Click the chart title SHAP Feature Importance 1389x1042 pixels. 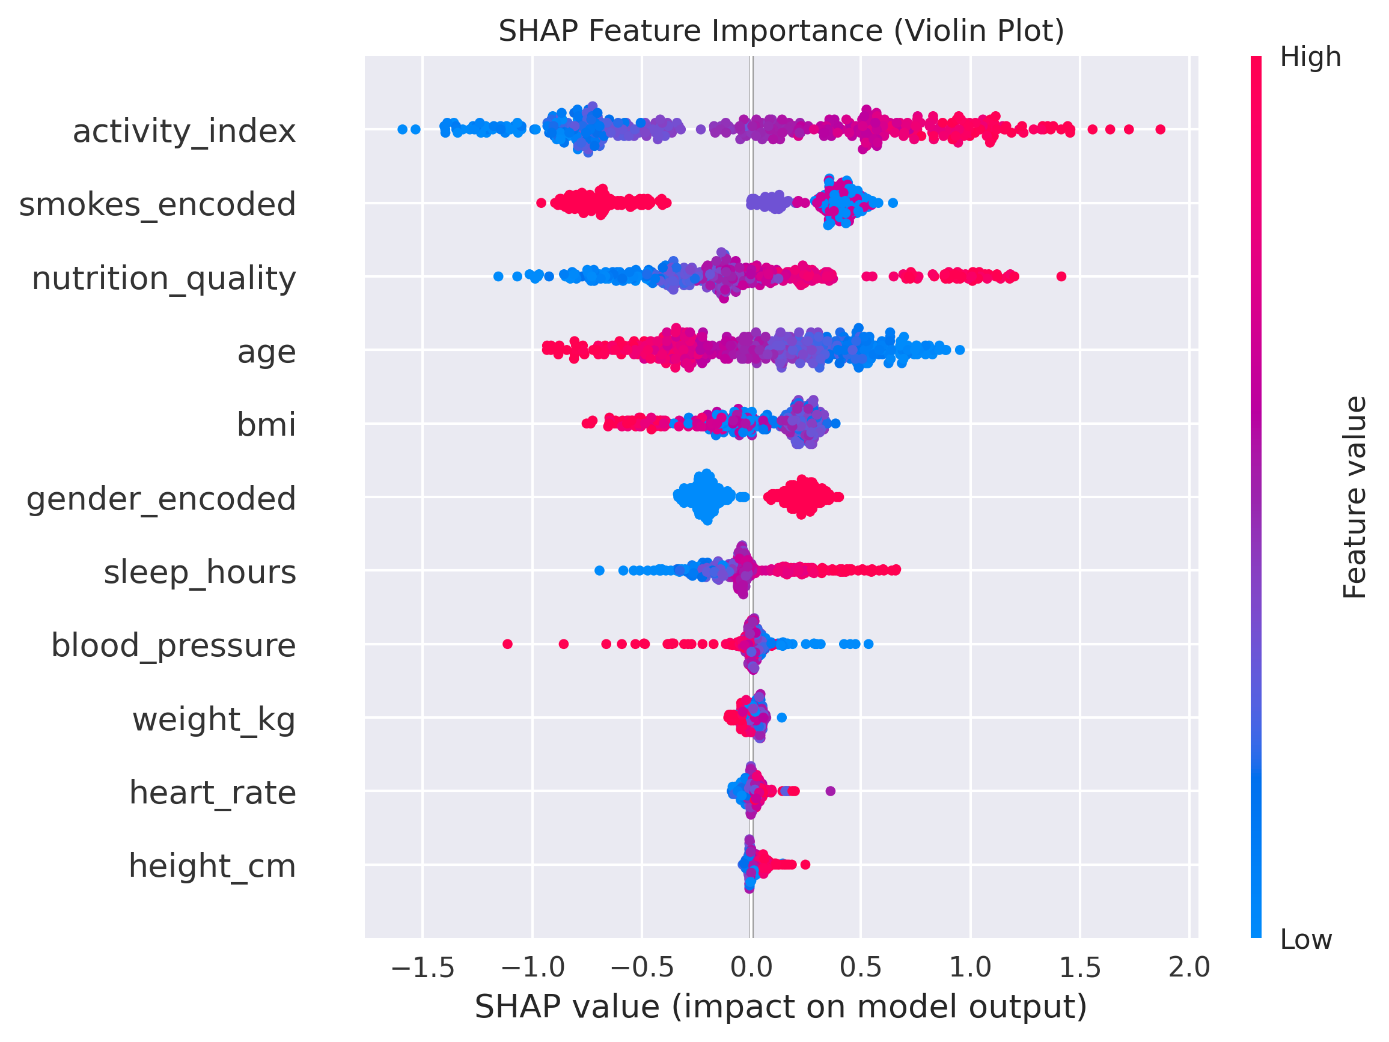coord(781,31)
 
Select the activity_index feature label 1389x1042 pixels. coord(184,132)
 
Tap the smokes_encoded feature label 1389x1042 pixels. coord(157,205)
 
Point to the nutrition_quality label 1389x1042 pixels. coord(164,278)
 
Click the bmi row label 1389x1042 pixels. coord(266,425)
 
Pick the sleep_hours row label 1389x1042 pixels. coord(200,573)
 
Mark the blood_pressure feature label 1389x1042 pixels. coord(173,645)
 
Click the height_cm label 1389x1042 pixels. coord(212,867)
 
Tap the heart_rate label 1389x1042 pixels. coord(213,793)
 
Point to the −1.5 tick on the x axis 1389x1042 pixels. coord(423,968)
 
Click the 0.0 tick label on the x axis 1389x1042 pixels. coord(752,968)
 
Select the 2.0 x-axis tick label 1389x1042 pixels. coord(1189,968)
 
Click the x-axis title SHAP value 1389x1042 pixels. coord(781,1008)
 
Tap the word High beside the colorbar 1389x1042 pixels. coord(1310,58)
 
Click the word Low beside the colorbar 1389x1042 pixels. coord(1306,940)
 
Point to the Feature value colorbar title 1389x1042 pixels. coord(1355,497)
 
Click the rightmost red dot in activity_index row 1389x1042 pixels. coord(1161,129)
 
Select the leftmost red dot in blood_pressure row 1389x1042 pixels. coord(508,644)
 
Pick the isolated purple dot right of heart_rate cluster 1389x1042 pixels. coord(830,791)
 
